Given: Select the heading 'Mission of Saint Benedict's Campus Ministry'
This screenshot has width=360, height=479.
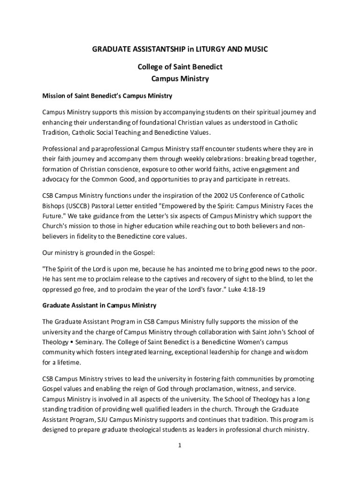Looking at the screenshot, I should click(108, 96).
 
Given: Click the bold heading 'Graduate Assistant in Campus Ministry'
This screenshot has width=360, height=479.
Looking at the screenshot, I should click(99, 305).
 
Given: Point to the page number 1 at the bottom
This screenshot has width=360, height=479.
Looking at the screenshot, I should click(179, 445).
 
